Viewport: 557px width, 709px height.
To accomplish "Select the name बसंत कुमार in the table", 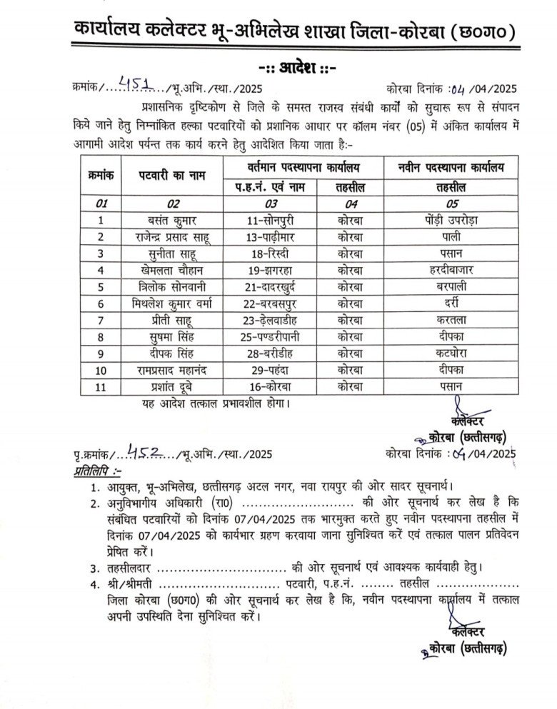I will [166, 220].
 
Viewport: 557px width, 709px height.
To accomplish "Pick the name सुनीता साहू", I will [166, 253].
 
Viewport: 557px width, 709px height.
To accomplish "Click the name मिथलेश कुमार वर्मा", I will [166, 303].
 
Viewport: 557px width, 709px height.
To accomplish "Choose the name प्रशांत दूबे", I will [166, 388].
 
